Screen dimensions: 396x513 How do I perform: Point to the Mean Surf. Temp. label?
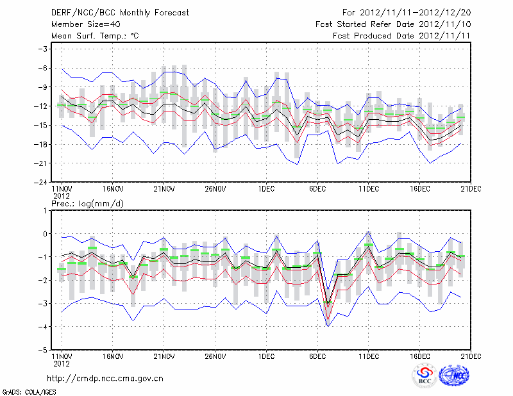[x=95, y=36]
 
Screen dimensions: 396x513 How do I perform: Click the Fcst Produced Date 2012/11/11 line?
[x=402, y=36]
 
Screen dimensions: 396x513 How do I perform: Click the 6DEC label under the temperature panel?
[x=317, y=189]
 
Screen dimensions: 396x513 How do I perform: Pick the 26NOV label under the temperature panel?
[x=215, y=189]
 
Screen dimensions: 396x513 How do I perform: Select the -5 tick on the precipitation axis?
[x=44, y=351]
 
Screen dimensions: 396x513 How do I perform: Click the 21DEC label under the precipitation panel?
[x=471, y=357]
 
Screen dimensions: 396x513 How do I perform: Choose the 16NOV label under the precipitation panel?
[x=113, y=357]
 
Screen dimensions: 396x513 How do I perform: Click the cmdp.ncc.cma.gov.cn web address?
[x=106, y=378]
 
